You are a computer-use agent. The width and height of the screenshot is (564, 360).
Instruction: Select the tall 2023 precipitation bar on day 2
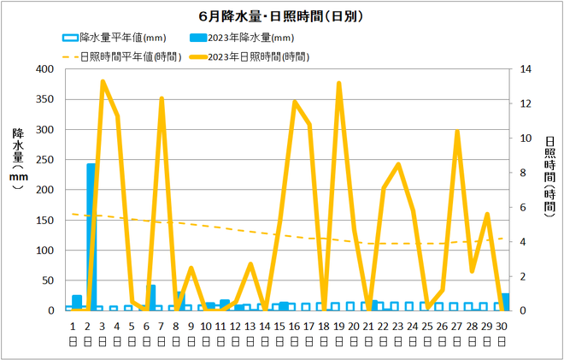click(91, 236)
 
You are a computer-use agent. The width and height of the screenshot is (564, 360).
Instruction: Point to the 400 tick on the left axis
click(50, 69)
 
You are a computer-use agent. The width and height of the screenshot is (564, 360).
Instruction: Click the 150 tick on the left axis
click(50, 220)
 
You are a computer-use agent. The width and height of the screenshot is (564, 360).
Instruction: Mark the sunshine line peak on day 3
click(103, 81)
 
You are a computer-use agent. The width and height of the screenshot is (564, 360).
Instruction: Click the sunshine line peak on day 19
click(339, 83)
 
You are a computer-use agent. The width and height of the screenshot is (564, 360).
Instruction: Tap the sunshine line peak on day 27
click(457, 132)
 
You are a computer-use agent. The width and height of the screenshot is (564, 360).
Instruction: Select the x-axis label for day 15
click(280, 326)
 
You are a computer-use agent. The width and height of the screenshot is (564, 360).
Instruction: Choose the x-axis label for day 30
click(502, 326)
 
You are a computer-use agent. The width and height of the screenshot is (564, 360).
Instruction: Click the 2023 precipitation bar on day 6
click(150, 298)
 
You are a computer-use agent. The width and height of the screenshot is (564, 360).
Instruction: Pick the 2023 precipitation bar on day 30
click(505, 302)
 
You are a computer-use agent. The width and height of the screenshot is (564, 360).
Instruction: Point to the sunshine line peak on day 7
click(162, 98)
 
